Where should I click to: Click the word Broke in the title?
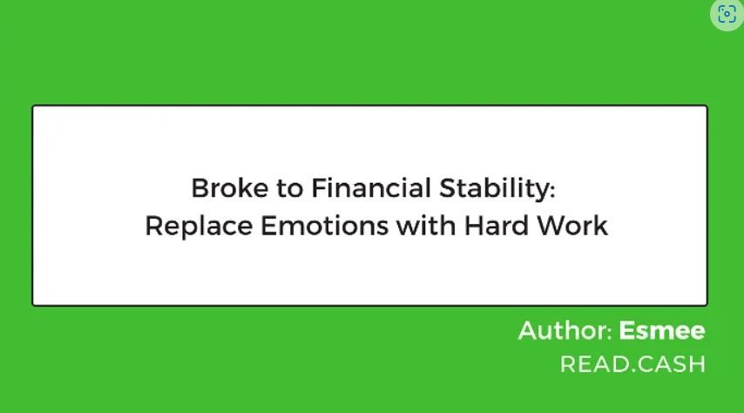(230, 188)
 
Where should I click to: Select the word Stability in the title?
(494, 189)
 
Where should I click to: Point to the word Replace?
(199, 227)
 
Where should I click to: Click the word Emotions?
(325, 226)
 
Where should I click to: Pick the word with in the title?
(426, 225)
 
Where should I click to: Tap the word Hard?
(496, 225)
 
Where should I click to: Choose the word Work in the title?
(572, 226)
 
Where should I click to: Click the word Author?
(562, 330)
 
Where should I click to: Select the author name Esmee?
(662, 330)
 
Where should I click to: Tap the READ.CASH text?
(633, 364)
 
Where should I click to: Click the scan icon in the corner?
(727, 14)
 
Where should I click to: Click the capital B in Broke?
(200, 188)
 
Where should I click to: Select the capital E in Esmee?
(627, 330)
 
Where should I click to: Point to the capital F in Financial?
(320, 188)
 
